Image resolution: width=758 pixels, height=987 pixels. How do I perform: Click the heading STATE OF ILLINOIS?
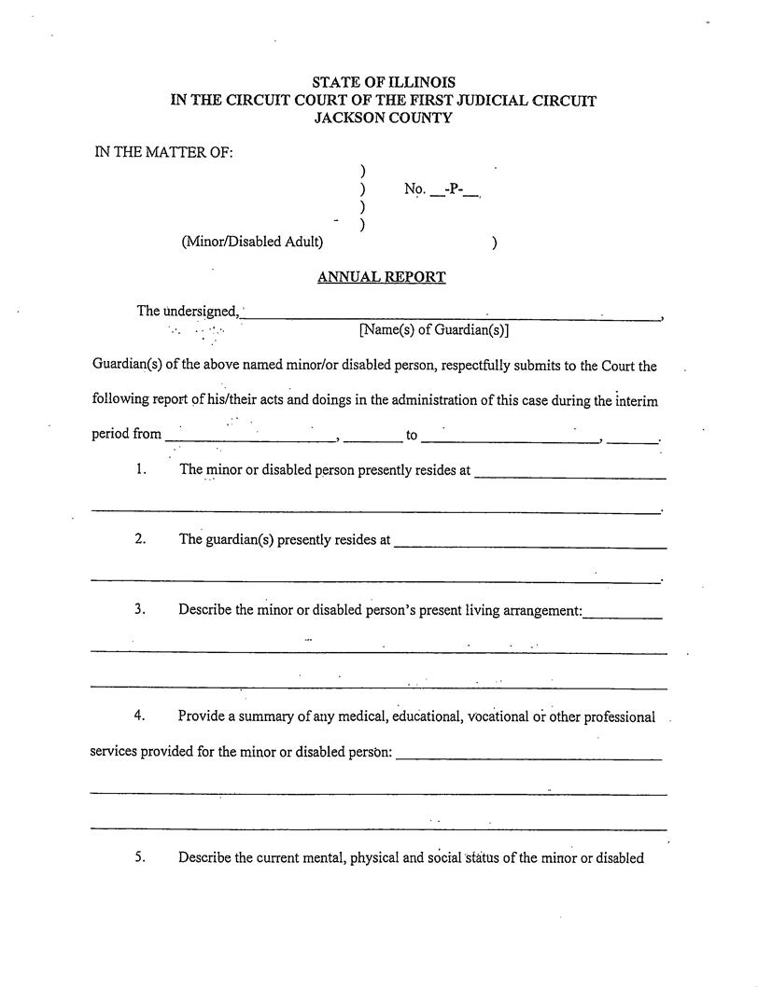pos(384,83)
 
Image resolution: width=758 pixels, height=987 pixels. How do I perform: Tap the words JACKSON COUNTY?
pos(384,118)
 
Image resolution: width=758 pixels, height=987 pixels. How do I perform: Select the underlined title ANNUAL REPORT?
pos(382,277)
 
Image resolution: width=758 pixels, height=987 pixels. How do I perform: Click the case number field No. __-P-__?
pos(442,190)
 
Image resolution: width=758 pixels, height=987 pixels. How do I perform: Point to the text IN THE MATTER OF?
pos(164,153)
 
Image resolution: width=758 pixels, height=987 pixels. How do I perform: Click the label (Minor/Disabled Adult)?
pos(252,243)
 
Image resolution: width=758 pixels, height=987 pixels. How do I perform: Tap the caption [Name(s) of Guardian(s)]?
pos(434,329)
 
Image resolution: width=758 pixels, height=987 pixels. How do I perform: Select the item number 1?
pos(140,470)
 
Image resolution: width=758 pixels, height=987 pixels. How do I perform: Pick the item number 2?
pos(140,539)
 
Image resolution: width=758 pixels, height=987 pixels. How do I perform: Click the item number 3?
pos(140,610)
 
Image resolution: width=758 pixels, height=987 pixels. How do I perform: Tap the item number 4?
pos(140,716)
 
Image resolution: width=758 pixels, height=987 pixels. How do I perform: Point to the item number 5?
pos(140,858)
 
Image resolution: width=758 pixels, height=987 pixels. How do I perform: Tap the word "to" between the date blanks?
pos(412,436)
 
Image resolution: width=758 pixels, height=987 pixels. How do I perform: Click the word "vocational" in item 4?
pos(498,717)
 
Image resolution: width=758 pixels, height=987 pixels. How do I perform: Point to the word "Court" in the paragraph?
pos(618,367)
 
